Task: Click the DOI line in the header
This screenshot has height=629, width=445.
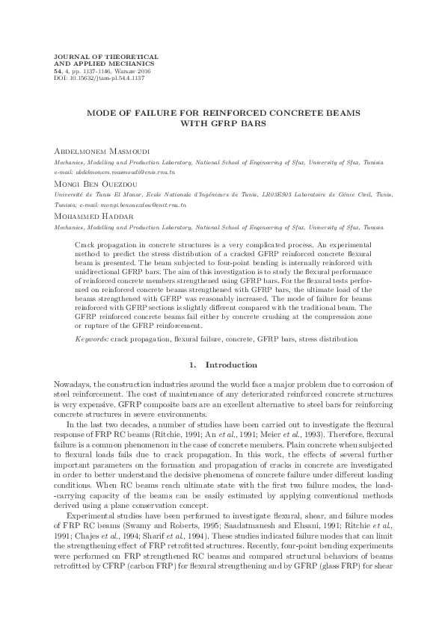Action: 93,77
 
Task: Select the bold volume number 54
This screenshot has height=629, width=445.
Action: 50,70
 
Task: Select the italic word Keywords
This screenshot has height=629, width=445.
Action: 91,338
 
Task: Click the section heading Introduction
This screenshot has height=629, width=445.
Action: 235,365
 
